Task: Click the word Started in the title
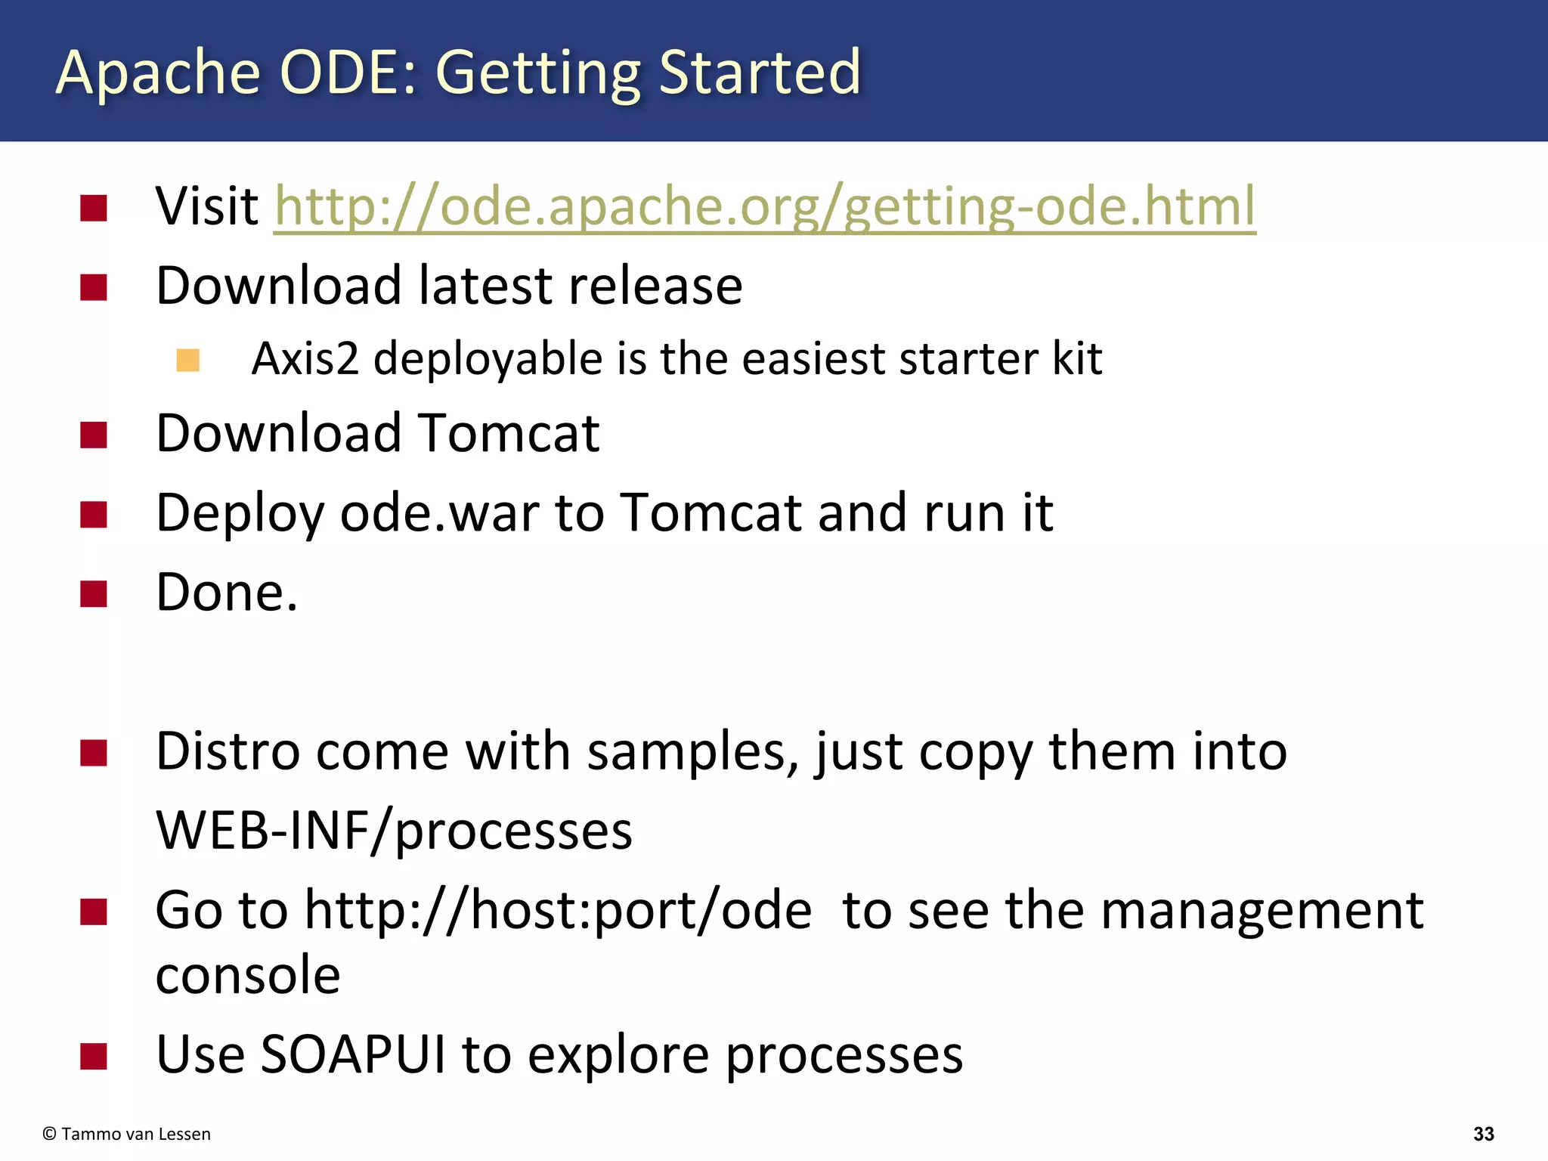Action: pos(759,73)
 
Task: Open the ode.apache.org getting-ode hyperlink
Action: pos(763,206)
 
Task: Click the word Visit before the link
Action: pos(206,206)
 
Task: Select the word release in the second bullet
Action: pos(655,286)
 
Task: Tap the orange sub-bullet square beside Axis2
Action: pos(187,360)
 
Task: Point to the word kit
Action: pos(1076,358)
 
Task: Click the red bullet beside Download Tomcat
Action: pos(94,435)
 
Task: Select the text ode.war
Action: pos(439,514)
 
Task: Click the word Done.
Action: pos(226,593)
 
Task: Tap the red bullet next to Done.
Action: pos(94,594)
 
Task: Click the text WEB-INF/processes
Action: pos(393,831)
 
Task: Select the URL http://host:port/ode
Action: pos(558,911)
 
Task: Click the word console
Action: pos(248,975)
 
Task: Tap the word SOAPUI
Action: pos(352,1054)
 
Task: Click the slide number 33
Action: pos(1483,1134)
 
